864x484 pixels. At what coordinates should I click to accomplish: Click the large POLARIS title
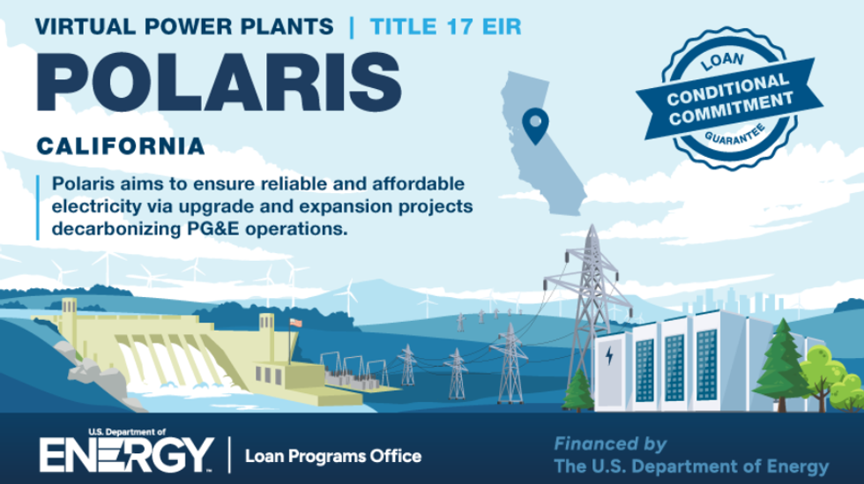click(x=219, y=82)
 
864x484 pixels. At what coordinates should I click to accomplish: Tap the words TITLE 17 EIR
click(x=446, y=26)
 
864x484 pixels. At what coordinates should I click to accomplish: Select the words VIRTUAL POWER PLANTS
click(x=184, y=26)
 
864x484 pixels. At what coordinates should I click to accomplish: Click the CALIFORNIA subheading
click(x=121, y=146)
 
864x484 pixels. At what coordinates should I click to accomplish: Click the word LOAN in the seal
click(x=722, y=61)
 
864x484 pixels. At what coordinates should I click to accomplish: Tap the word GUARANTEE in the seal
click(x=734, y=136)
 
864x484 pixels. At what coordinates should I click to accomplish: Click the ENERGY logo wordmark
click(x=126, y=455)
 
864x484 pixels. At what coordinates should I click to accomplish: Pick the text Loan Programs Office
click(x=333, y=457)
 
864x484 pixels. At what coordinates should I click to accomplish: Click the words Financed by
click(x=610, y=443)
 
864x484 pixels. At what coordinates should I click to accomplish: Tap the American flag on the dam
click(x=296, y=323)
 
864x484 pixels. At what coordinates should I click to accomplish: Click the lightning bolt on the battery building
click(x=609, y=355)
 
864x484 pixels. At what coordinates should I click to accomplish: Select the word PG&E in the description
click(x=213, y=228)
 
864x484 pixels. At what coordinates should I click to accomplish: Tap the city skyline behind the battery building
click(x=733, y=302)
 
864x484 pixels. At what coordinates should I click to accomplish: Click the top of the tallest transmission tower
click(x=592, y=226)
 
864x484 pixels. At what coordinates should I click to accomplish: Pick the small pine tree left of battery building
click(x=577, y=391)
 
